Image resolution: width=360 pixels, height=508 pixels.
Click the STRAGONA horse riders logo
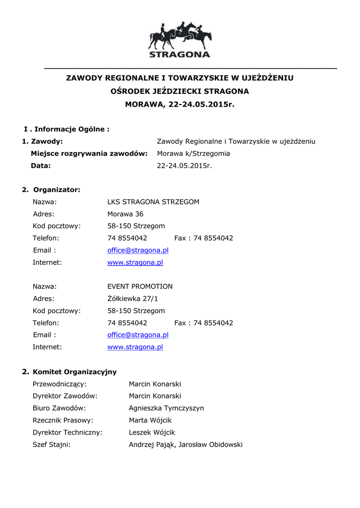180,40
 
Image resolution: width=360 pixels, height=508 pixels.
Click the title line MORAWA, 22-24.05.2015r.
179,104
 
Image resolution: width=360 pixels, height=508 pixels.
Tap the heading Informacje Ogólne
72,129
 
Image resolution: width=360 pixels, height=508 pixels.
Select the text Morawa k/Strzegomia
193,153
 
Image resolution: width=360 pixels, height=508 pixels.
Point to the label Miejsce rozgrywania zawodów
89,153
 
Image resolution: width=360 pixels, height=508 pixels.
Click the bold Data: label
41,166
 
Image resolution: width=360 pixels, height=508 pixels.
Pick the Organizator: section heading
57,190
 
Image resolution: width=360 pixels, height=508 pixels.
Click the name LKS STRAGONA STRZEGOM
153,202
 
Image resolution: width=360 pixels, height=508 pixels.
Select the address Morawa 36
125,214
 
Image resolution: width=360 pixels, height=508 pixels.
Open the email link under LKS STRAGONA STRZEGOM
138,251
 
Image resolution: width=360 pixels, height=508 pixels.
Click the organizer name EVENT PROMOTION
140,286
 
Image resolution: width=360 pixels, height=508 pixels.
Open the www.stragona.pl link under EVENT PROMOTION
135,347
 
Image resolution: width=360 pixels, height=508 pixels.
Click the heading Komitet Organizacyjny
74,372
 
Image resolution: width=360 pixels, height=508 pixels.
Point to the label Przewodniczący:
60,384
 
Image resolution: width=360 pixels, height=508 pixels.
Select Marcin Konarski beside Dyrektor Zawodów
155,396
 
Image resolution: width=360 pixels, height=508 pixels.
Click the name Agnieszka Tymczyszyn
166,408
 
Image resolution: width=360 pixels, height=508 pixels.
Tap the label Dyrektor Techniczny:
68,432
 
